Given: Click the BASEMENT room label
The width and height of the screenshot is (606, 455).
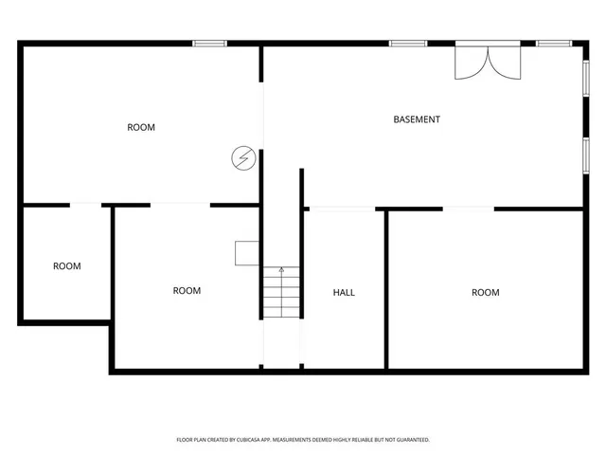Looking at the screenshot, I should [x=417, y=119].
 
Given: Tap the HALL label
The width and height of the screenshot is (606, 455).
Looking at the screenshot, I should [x=344, y=293].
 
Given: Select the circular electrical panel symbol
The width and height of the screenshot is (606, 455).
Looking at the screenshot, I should [x=244, y=157].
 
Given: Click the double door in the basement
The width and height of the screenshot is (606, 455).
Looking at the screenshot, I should [x=488, y=61].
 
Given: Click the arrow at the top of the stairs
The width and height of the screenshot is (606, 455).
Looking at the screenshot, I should [x=281, y=270].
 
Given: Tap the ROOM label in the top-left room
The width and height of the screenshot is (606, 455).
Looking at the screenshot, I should [x=141, y=127].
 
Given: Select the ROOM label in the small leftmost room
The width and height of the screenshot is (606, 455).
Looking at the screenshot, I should [x=66, y=266].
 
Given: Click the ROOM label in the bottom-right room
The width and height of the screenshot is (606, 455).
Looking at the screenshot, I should [x=486, y=293].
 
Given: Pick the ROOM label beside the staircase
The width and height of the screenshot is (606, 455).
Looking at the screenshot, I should [x=187, y=291].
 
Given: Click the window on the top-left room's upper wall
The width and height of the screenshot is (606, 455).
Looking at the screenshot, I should [x=209, y=43].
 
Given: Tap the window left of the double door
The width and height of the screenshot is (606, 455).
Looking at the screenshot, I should [x=407, y=43].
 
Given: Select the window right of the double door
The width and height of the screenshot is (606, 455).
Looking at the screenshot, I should [x=552, y=43].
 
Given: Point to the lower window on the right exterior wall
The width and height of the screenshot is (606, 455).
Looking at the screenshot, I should [x=586, y=155].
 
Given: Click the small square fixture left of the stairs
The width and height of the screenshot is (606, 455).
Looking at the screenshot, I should [x=247, y=252].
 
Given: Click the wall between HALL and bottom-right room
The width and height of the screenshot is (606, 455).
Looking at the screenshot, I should [x=385, y=289].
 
